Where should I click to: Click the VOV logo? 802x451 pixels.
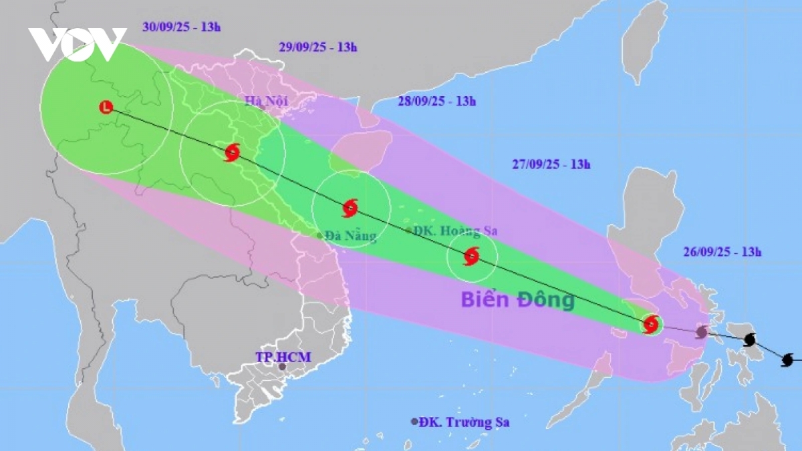[77, 44]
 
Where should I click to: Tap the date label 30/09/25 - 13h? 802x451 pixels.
[181, 27]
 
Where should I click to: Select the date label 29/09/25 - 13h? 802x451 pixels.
[317, 47]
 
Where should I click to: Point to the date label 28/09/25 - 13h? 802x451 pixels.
[436, 102]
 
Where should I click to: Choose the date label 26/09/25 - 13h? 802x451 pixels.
[722, 252]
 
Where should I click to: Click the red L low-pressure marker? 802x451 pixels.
[106, 107]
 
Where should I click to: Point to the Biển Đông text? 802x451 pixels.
[517, 300]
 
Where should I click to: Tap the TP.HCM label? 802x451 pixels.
[283, 357]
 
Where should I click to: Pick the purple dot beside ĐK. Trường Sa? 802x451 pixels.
[414, 422]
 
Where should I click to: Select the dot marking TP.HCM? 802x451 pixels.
[282, 367]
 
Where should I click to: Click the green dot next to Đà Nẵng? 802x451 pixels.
[319, 235]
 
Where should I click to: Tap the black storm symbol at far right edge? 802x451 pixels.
[788, 360]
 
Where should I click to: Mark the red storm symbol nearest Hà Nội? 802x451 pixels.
[232, 152]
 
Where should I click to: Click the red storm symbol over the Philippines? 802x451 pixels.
[651, 325]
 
